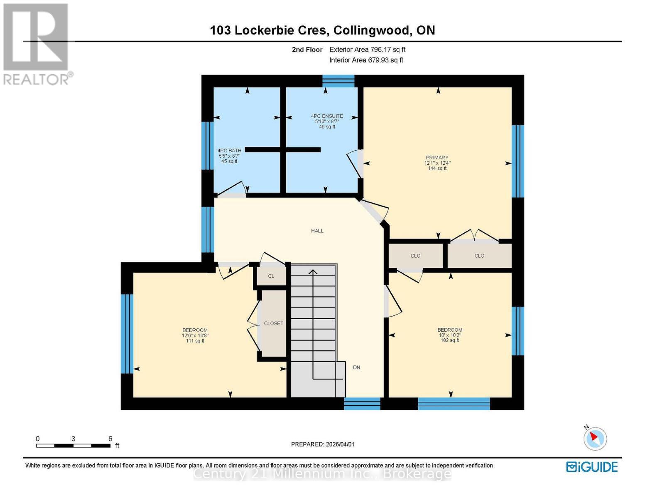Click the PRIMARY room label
(437, 158)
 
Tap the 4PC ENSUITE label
(327, 116)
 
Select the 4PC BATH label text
(229, 151)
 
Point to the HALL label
(317, 231)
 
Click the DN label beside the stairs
(356, 367)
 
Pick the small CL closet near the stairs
(271, 276)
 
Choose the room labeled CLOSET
(273, 323)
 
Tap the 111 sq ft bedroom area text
(195, 341)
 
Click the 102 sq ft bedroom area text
(450, 340)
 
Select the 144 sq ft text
(437, 168)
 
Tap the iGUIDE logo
(592, 467)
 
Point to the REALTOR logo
(36, 44)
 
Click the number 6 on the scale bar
(110, 439)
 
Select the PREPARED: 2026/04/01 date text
(323, 444)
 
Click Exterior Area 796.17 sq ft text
(367, 49)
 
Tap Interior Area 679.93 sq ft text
(366, 60)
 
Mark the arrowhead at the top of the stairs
(313, 272)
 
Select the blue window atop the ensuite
(338, 81)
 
